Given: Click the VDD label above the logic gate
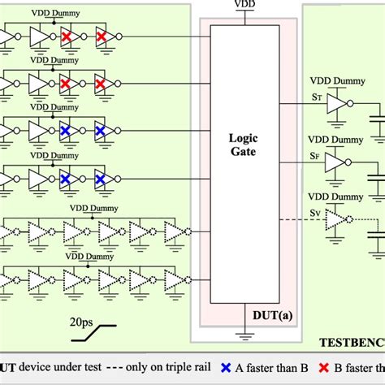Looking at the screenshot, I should [x=243, y=4].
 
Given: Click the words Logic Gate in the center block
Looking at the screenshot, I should [x=242, y=145].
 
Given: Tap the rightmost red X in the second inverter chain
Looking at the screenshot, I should [x=100, y=84].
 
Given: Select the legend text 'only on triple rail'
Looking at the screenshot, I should [x=158, y=368].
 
